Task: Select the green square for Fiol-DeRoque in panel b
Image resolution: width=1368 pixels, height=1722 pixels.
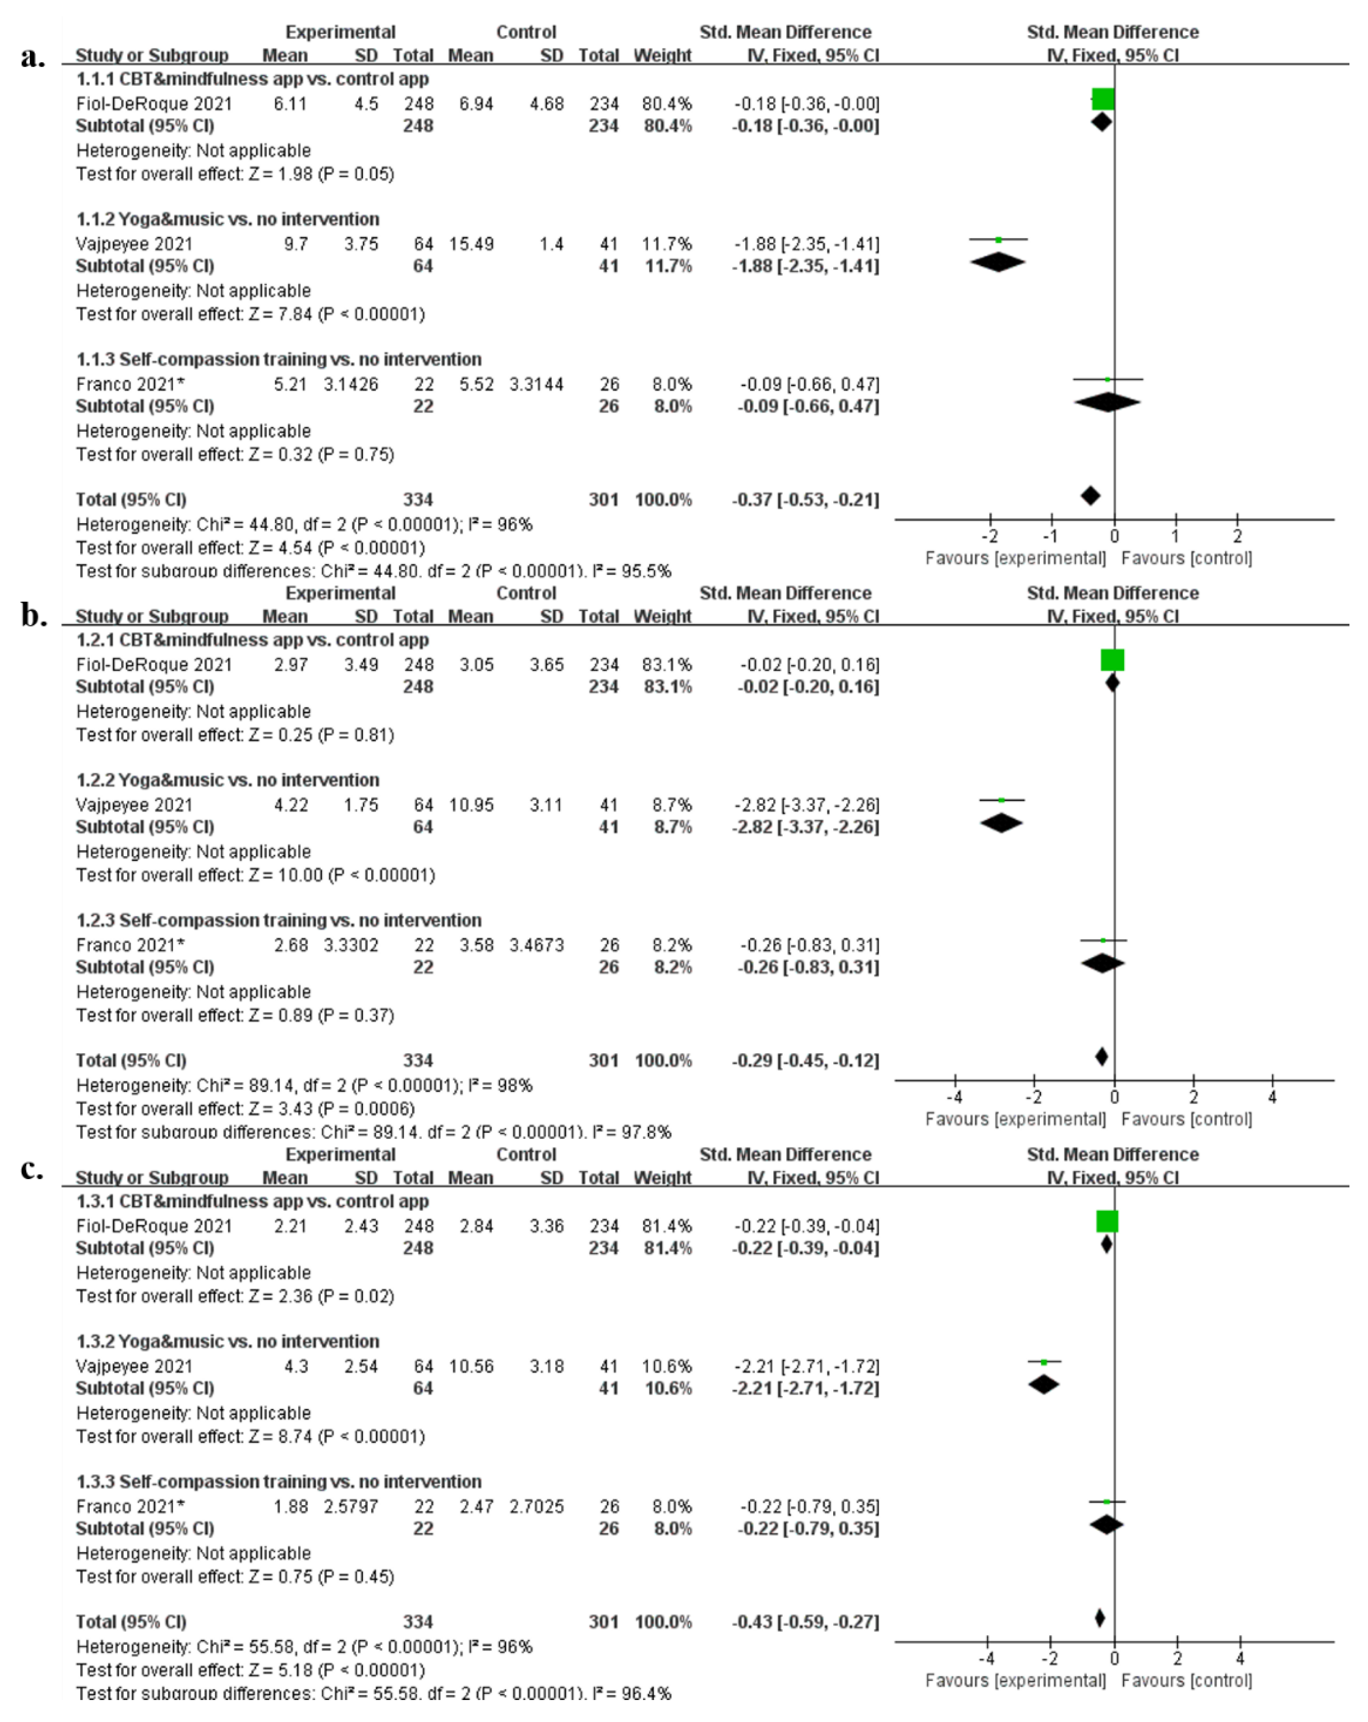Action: [x=1112, y=660]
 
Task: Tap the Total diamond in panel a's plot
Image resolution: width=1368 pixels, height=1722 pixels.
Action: [x=1090, y=496]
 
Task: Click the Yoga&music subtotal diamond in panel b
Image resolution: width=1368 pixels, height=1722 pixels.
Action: [x=1001, y=823]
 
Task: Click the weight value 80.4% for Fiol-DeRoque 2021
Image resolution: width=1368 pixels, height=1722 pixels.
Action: [x=666, y=104]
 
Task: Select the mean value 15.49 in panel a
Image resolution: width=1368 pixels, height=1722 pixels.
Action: [x=471, y=244]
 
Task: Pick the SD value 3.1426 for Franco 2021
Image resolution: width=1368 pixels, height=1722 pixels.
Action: [x=351, y=384]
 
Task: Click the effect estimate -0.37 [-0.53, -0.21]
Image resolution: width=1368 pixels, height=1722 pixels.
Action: [x=805, y=500]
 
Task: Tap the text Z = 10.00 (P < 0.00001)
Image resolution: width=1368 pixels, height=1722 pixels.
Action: [x=342, y=875]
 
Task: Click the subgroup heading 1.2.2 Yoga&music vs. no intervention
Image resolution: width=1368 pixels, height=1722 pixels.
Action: [x=228, y=780]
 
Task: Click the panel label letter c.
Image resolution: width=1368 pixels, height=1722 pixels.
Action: [x=32, y=1169]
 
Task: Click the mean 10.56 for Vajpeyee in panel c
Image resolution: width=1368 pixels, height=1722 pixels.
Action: [x=471, y=1367]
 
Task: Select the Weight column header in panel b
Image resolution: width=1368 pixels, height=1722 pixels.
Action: [x=662, y=617]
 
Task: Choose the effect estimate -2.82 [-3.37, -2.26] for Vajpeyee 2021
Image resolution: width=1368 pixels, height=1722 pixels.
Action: [x=805, y=805]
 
